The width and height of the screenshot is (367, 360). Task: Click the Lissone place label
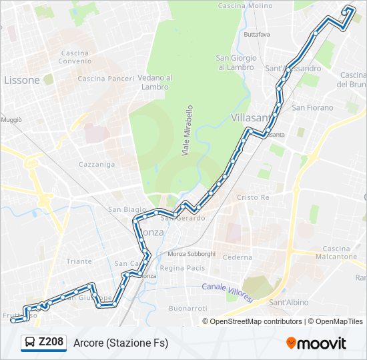point(22,80)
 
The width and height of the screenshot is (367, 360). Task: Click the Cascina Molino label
point(245,5)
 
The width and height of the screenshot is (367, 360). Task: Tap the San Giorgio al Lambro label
point(236,62)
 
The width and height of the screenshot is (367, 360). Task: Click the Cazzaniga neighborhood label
point(97,164)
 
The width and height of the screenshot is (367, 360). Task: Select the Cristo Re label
point(253,198)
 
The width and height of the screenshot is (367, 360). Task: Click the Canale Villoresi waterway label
point(227,291)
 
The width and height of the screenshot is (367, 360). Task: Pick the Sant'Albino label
point(288,303)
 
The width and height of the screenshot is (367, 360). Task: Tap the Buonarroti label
point(189,308)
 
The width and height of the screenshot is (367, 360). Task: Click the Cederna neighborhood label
point(238,257)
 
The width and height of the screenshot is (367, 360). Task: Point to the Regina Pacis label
point(181,268)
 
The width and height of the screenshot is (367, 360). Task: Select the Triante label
point(79,262)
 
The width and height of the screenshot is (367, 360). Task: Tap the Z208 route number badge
point(51,343)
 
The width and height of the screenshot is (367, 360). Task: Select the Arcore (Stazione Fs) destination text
point(121,343)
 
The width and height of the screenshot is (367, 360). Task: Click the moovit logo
point(316,343)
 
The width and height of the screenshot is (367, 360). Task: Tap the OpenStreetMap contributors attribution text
point(256,321)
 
